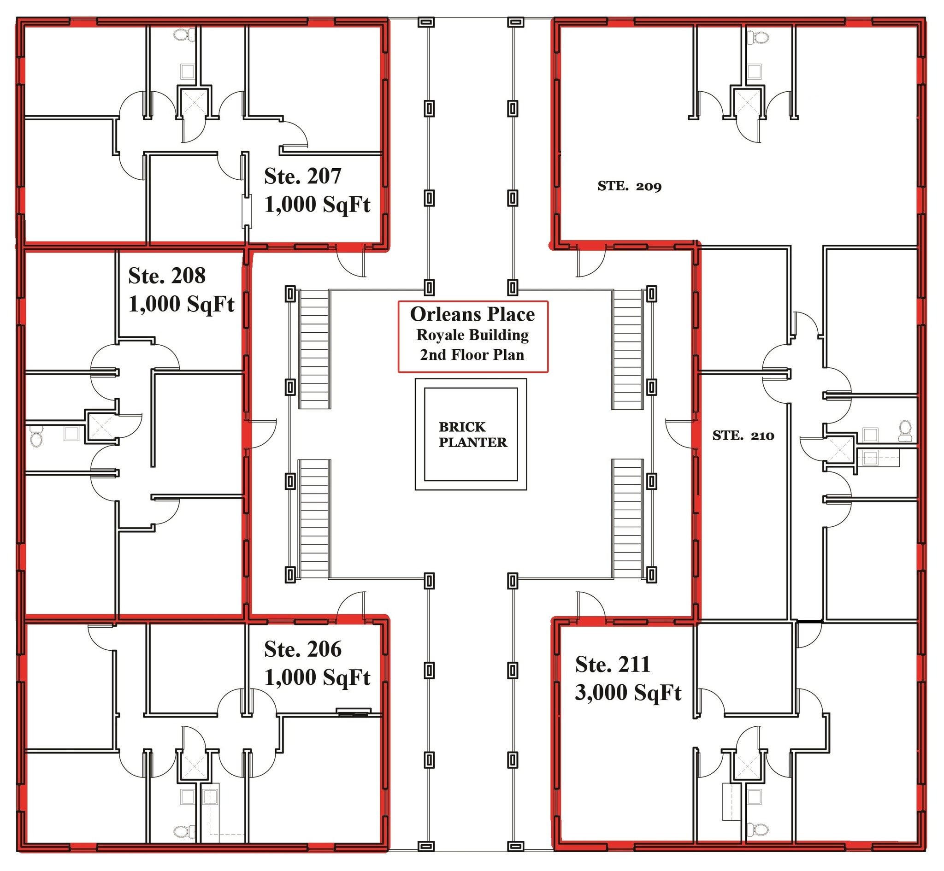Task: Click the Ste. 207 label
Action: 302,176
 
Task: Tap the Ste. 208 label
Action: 167,276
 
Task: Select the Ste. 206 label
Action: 302,649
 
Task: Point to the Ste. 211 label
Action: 612,665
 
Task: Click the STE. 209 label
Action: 629,186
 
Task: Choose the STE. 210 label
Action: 743,435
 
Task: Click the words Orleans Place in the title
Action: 472,314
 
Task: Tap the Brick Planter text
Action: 473,435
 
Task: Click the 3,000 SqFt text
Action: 628,693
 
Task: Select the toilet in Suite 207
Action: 185,35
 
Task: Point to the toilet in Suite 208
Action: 36,436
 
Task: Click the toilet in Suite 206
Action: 185,832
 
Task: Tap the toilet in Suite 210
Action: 905,431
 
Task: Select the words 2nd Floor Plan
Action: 472,355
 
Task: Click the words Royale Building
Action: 472,335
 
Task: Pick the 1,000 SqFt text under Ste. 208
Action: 182,304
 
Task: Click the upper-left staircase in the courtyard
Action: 314,349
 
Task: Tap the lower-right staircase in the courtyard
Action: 628,519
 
